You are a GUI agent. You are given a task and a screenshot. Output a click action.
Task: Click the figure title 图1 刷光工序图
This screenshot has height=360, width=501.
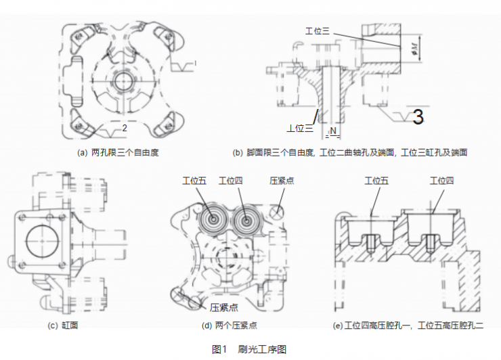pyautogui.click(x=249, y=349)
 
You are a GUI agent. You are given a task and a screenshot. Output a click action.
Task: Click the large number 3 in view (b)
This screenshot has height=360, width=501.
pyautogui.click(x=418, y=117)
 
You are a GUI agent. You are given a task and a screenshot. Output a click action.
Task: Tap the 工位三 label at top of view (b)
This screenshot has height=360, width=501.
pyautogui.click(x=318, y=31)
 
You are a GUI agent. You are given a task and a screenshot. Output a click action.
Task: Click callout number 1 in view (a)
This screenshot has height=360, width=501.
pyautogui.click(x=195, y=64)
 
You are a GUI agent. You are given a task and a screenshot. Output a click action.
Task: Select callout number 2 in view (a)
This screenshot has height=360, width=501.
pyautogui.click(x=125, y=127)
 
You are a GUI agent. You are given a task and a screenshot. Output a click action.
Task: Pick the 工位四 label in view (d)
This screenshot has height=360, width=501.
pyautogui.click(x=232, y=181)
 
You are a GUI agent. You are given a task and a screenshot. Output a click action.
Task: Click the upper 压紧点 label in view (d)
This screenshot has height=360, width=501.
pyautogui.click(x=282, y=181)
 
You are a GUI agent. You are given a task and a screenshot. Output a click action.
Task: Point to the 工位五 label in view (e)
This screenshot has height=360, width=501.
pyautogui.click(x=376, y=181)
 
